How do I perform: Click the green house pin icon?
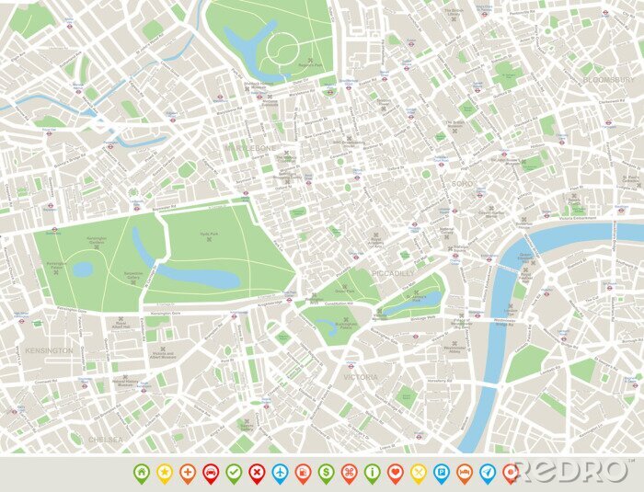142,472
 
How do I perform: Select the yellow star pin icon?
165,472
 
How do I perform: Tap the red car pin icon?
211,472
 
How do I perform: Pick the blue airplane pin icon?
280,472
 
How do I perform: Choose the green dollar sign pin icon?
326,472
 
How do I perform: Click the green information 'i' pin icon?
372,472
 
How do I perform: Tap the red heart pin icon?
396,472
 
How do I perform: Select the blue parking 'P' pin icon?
442,472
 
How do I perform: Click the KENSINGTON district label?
50,351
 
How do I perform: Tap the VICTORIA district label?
360,377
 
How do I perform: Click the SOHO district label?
461,184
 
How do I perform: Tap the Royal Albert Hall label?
121,324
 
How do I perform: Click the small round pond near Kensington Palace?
83,269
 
